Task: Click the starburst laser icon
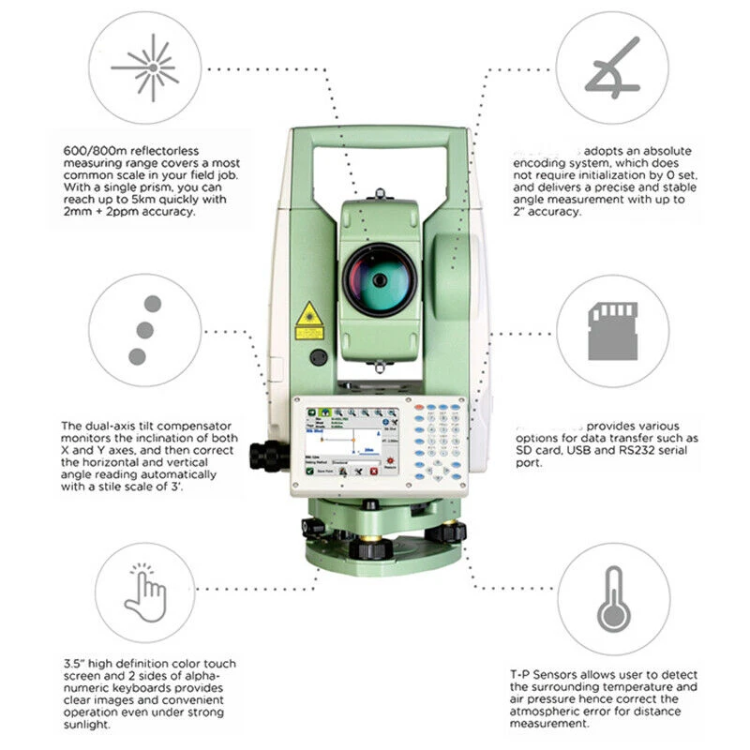[x=145, y=67]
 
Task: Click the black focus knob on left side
[x=267, y=456]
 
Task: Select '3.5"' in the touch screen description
[x=72, y=664]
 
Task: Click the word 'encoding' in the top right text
[x=541, y=162]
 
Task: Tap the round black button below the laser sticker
[x=319, y=357]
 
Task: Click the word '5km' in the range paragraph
[x=144, y=200]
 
